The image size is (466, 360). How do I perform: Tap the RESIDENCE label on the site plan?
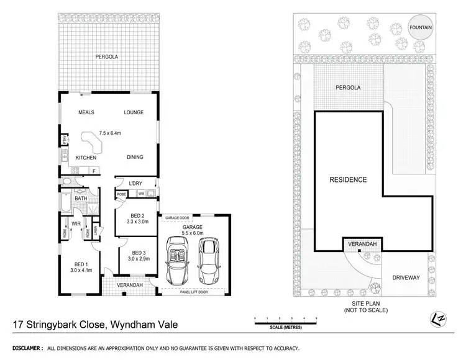pyautogui.click(x=348, y=180)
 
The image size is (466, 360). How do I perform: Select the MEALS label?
pyautogui.click(x=86, y=112)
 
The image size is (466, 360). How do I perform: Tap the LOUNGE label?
pyautogui.click(x=134, y=112)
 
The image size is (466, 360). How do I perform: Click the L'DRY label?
pyautogui.click(x=136, y=184)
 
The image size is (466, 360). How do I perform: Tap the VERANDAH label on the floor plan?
pyautogui.click(x=130, y=285)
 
